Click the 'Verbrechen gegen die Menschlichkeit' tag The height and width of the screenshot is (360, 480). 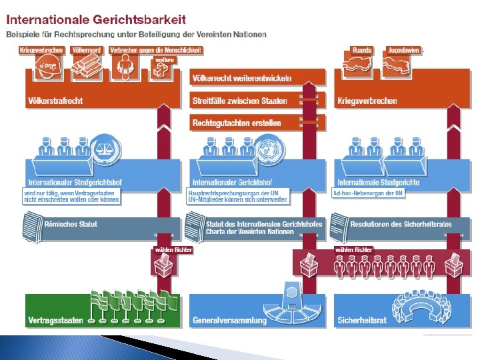[x=155, y=50]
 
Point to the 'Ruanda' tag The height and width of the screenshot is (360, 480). [x=362, y=50]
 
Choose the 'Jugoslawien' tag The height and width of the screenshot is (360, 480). [x=404, y=50]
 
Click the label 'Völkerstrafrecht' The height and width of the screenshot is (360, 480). [x=55, y=101]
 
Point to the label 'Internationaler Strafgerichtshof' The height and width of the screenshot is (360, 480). [x=75, y=182]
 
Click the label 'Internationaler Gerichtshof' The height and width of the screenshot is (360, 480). [x=232, y=182]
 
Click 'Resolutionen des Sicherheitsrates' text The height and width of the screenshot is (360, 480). [x=401, y=224]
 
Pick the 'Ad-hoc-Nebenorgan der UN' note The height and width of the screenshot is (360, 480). [x=368, y=193]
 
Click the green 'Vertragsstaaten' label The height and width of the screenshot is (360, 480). [x=55, y=320]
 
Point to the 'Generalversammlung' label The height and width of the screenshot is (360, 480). [x=229, y=320]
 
